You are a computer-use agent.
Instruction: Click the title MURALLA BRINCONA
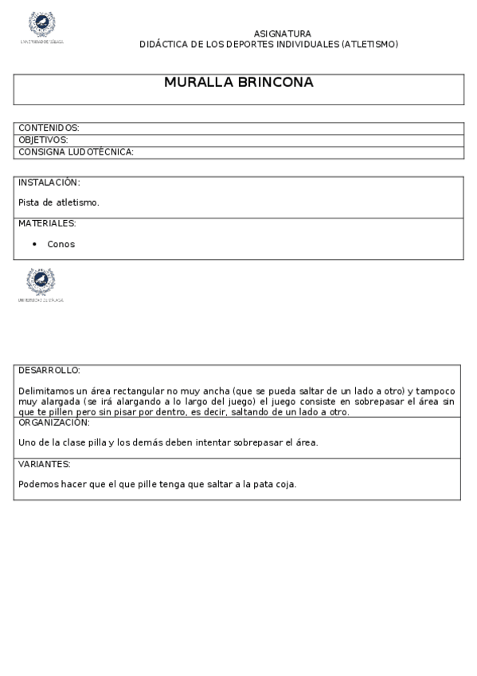(238, 82)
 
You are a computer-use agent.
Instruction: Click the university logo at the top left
(41, 26)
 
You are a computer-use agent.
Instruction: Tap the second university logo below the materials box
(41, 283)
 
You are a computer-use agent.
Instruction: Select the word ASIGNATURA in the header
(282, 33)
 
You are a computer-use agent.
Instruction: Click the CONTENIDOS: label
(49, 128)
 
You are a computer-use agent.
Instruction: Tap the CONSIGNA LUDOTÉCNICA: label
(76, 151)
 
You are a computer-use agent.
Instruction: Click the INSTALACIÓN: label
(49, 183)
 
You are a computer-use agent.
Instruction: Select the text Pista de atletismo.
(59, 202)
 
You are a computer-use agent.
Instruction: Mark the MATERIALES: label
(47, 223)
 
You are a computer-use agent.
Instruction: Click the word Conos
(61, 244)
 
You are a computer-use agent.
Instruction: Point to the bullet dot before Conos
(34, 244)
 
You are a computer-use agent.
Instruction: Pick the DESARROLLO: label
(49, 371)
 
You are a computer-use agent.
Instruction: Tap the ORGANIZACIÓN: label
(53, 422)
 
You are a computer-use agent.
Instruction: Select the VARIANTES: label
(45, 464)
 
